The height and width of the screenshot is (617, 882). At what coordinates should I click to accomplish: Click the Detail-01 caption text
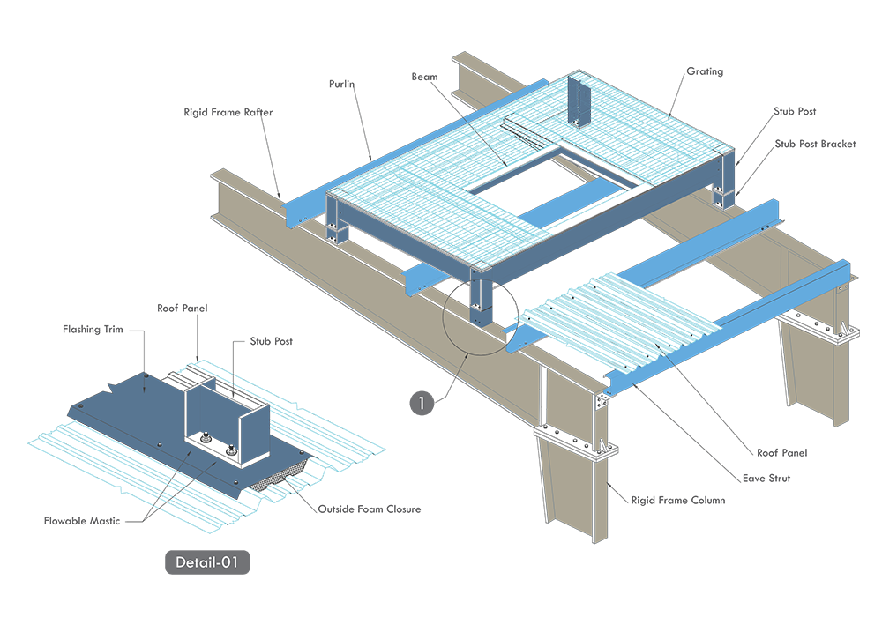pyautogui.click(x=207, y=561)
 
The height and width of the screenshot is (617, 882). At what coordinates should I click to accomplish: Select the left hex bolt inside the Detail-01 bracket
pyautogui.click(x=201, y=438)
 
